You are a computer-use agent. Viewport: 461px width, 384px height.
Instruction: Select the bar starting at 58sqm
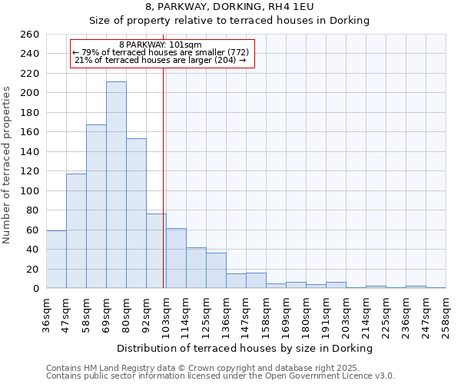click(x=96, y=207)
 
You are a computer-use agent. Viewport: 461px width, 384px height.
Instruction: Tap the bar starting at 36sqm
click(x=56, y=260)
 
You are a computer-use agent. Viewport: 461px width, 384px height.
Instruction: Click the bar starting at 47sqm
click(x=76, y=231)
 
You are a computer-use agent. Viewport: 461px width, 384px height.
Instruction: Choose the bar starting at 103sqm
click(x=176, y=258)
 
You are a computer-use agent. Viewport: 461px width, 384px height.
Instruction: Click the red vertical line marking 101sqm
click(x=164, y=177)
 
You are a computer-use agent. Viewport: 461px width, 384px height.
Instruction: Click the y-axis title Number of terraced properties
click(x=8, y=165)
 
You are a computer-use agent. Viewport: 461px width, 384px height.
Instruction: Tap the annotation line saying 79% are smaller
click(x=161, y=52)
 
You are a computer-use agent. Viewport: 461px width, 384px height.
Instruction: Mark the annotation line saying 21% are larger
click(x=161, y=60)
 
